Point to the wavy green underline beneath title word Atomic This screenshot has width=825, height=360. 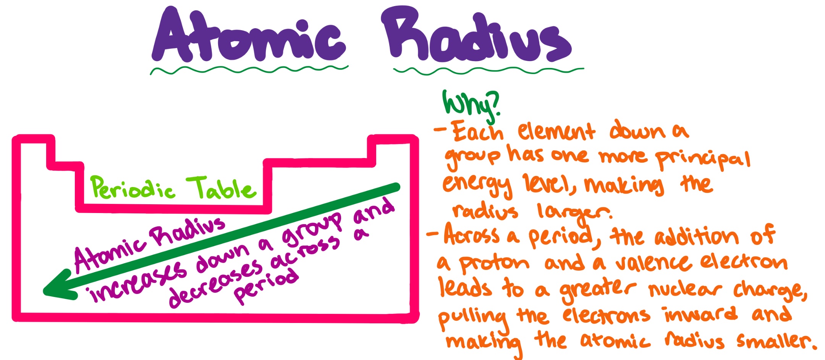coord(249,70)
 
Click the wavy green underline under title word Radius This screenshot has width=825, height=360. coord(489,70)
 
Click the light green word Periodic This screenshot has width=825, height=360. coord(133,188)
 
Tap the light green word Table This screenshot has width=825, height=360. coord(221,188)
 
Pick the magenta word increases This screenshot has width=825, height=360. coord(137,281)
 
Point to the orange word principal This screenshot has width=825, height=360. coord(703,160)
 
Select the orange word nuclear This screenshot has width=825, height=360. coord(685,290)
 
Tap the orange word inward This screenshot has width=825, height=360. coord(700,314)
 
